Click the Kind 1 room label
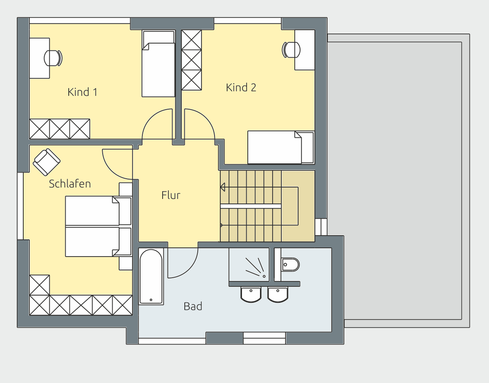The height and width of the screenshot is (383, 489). coord(82,92)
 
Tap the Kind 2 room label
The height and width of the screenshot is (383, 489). coord(241,87)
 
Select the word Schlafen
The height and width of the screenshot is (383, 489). coord(70,184)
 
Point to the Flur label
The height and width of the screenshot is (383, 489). coord(171,195)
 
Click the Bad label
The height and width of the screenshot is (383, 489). coord(193,306)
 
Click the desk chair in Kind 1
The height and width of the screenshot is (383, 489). coord(53,58)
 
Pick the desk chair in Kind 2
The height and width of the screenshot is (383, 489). coord(291,50)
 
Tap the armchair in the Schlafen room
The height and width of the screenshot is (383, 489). coord(47,162)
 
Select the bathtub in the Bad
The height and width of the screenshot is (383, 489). coord(151,276)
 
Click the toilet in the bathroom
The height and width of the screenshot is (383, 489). coord(290,265)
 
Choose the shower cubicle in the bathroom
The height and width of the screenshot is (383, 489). coord(249,265)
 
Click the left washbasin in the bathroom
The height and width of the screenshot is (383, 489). coord(251,294)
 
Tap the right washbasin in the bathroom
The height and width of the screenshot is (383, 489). coord(278,294)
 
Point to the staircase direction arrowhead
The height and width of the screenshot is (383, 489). coord(223,187)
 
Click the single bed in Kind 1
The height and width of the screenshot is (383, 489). coord(158,64)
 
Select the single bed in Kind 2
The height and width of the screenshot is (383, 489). coord(281,147)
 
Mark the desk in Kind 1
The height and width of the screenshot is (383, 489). coord(40,58)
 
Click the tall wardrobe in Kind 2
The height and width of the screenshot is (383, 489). coord(192,60)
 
